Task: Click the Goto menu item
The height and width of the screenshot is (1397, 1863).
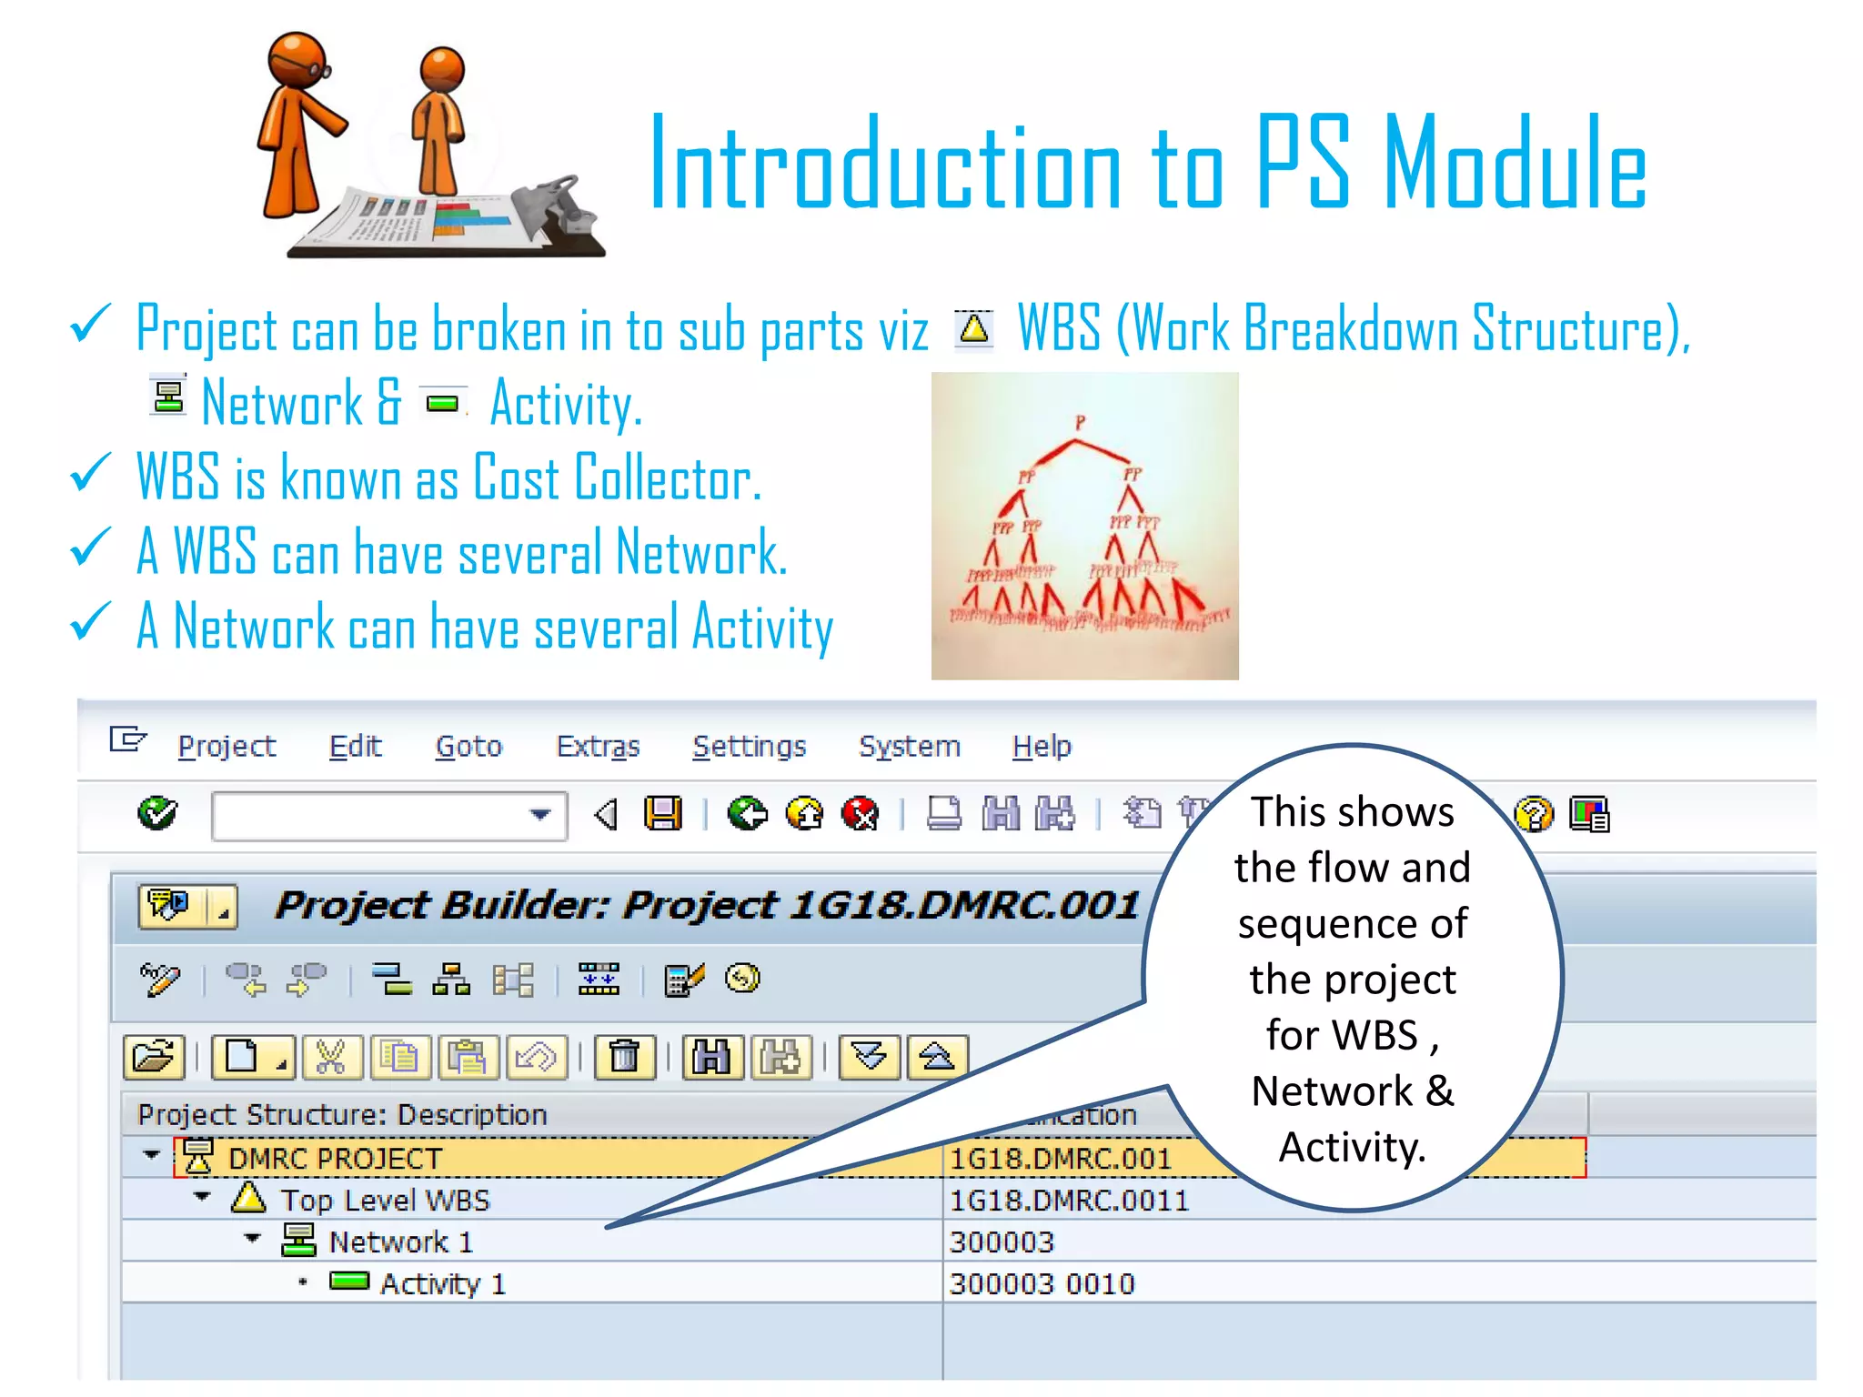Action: click(x=468, y=747)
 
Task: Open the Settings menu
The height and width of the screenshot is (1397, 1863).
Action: click(x=749, y=747)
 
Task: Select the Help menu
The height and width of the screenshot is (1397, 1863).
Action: click(x=1042, y=747)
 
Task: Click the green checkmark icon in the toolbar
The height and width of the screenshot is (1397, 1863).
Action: click(x=157, y=813)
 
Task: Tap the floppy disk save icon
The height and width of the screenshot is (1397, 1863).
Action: click(x=663, y=813)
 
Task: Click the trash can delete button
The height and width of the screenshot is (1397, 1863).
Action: click(x=624, y=1057)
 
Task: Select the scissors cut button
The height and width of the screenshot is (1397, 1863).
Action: click(x=330, y=1057)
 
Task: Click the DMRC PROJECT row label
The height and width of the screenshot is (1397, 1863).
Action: click(x=335, y=1159)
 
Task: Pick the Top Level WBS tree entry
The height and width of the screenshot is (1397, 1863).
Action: click(x=385, y=1201)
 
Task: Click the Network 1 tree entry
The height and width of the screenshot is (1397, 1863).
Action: click(x=400, y=1242)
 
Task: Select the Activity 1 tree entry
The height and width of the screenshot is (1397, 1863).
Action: click(x=442, y=1284)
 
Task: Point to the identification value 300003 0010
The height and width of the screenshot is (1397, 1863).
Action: click(x=1042, y=1284)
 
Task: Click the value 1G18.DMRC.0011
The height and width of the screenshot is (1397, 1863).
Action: click(x=1069, y=1201)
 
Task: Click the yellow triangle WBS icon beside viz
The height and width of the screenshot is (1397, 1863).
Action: click(x=974, y=328)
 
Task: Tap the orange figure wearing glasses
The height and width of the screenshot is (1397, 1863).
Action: click(x=296, y=127)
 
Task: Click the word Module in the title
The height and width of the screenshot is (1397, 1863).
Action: click(x=1514, y=164)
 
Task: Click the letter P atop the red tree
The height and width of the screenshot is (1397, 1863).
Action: click(x=1080, y=422)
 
